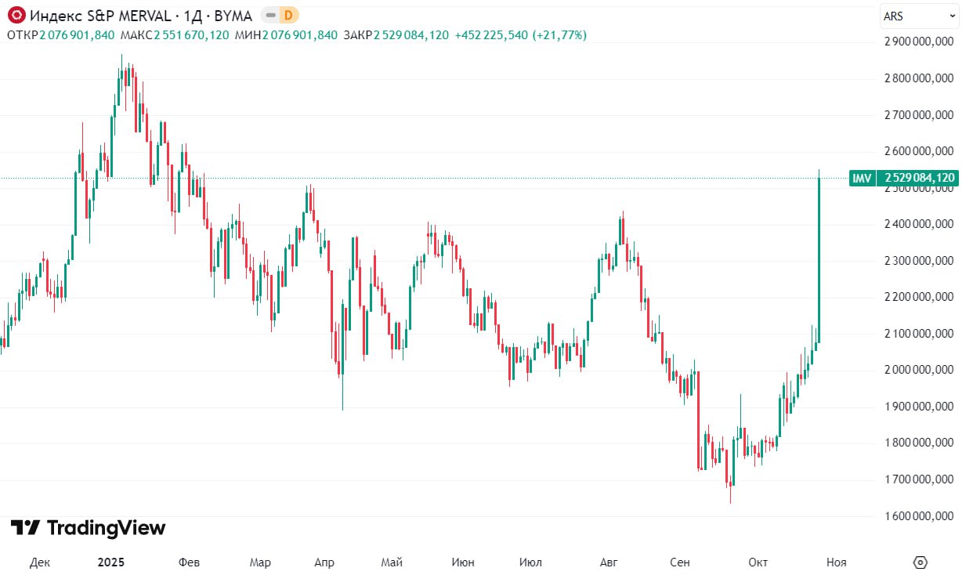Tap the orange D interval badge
coord(288,15)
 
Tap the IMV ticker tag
coord(862,178)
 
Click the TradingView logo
coord(88,528)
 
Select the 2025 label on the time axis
coord(110,562)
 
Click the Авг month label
coord(608,562)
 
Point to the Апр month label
coord(324,562)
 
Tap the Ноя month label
coord(837,562)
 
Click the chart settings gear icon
coord(920,562)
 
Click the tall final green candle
coord(819,259)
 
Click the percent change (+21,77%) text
coord(559,35)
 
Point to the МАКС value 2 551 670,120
coord(192,35)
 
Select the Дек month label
coord(40,562)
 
